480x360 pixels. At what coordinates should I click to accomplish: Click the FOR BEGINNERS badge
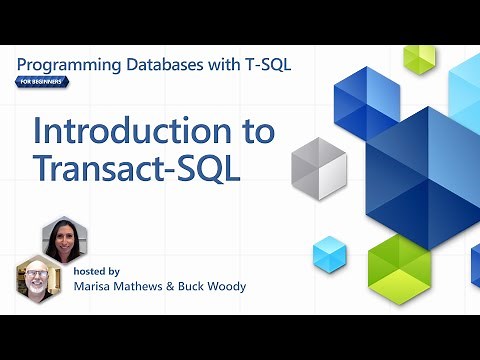[x=42, y=82]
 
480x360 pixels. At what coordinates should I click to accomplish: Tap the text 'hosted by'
[x=97, y=271]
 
